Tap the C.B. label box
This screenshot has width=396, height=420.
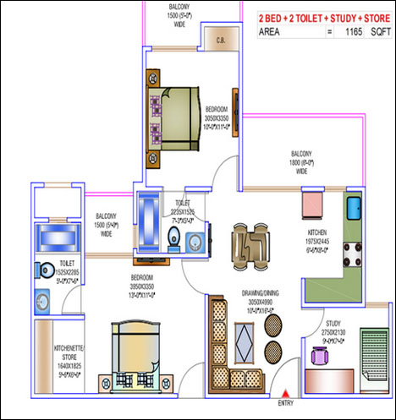pyautogui.click(x=220, y=38)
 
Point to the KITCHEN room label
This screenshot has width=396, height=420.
pyautogui.click(x=318, y=235)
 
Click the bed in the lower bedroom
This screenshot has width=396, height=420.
pyautogui.click(x=132, y=353)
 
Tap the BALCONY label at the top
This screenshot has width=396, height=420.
pyautogui.click(x=179, y=11)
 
